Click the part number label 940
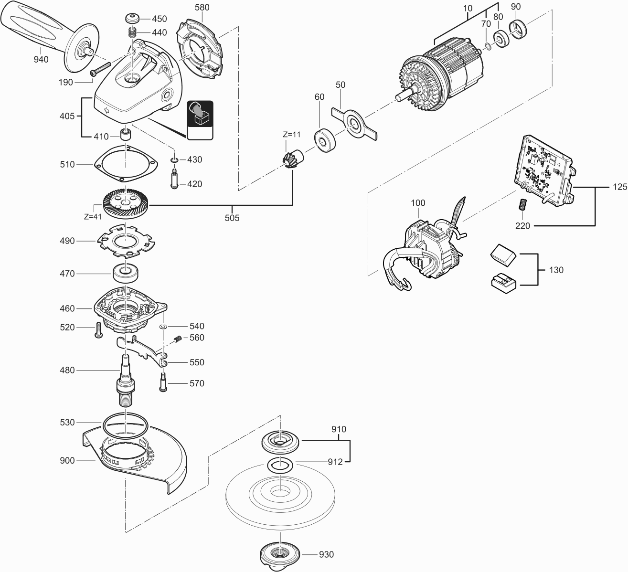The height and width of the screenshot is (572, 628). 41,60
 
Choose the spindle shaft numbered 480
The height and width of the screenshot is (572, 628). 126,382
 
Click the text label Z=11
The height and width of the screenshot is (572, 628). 291,135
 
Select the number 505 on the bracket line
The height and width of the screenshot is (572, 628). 233,218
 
